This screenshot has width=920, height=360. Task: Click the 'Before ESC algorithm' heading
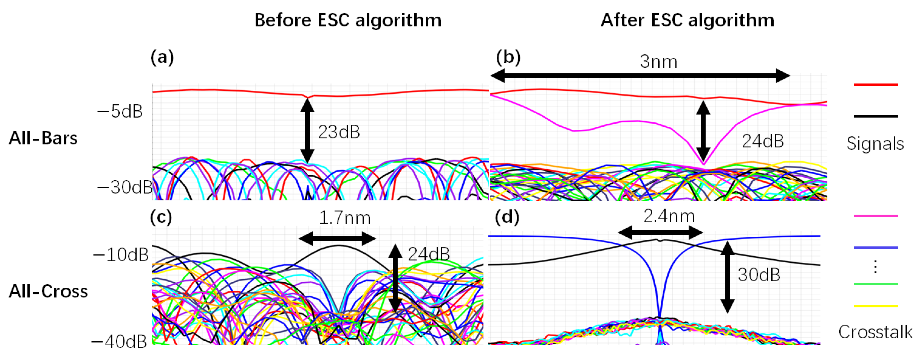point(348,20)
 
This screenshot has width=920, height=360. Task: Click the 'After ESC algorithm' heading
point(687,20)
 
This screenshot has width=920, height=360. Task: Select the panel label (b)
point(508,57)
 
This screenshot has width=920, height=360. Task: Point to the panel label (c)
point(161,217)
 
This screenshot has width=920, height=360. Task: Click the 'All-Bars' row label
point(43,138)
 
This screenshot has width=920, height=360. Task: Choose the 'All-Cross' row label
point(48,291)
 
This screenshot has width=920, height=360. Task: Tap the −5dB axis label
point(120,112)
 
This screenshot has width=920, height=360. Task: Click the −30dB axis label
point(125,187)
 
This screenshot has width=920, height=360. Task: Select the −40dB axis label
point(119,342)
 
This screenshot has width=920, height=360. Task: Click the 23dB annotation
point(339,132)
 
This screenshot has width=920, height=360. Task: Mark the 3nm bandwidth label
point(659,62)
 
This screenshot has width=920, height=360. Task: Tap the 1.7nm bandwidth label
point(345,218)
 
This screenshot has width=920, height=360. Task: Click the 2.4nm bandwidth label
point(669,216)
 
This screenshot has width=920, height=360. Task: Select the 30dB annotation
point(759,275)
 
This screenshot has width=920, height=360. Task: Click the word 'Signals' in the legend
point(875,144)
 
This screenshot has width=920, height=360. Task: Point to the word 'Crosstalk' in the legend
point(875,332)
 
